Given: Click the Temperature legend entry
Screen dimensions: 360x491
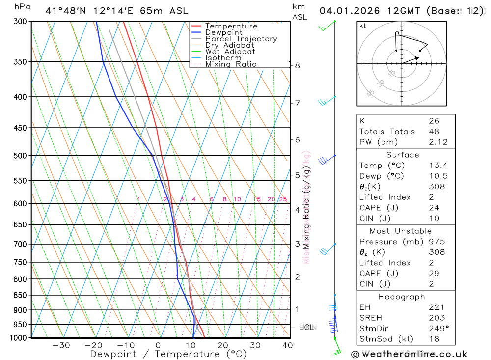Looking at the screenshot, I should [231, 26].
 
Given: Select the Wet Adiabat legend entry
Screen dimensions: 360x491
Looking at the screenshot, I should [230, 52].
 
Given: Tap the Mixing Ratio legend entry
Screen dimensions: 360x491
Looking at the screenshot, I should [231, 64].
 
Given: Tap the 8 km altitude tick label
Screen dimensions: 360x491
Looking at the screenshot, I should [298, 65].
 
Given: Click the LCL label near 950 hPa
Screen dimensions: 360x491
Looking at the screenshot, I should [306, 327].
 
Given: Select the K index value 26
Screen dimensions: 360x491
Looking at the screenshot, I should [434, 121].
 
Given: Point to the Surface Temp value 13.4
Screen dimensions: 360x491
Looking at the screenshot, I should [437, 166].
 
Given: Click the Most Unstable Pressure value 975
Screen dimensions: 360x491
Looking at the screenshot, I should [436, 242].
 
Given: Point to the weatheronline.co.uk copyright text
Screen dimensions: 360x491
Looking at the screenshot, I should [409, 354].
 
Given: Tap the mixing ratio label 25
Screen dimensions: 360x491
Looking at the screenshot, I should [283, 199].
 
